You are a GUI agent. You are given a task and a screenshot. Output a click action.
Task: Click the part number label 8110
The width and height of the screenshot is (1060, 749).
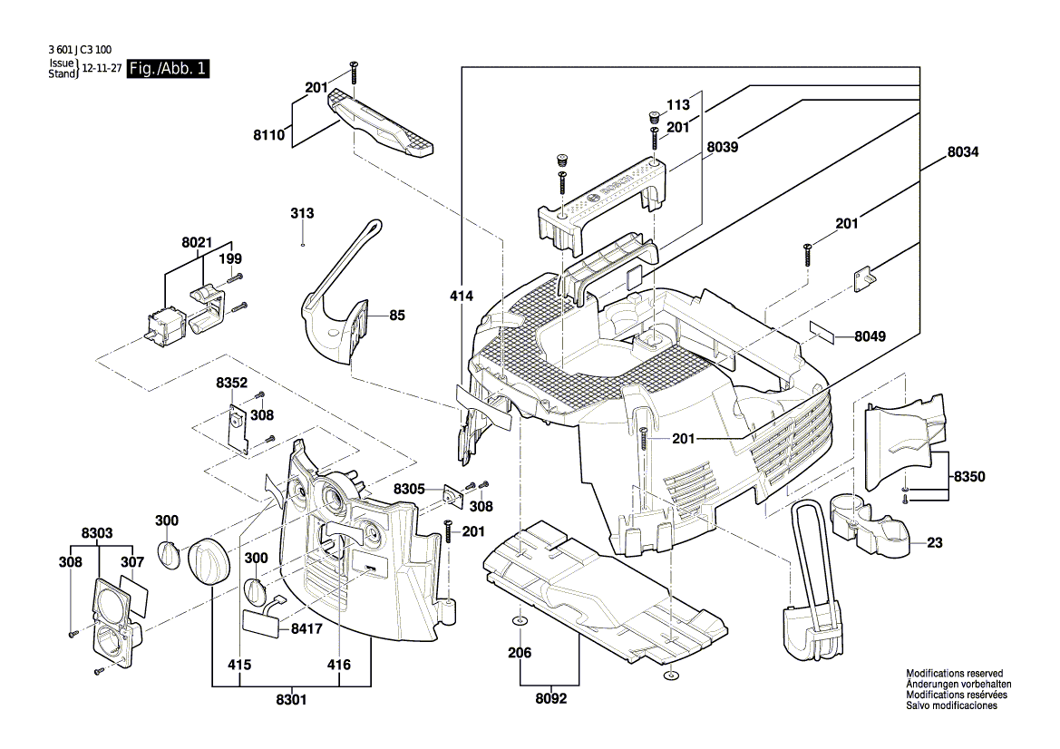click(x=269, y=134)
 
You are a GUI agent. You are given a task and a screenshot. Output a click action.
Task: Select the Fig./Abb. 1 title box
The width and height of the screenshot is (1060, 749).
click(x=168, y=69)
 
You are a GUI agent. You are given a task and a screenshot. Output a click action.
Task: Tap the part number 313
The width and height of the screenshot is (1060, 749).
click(x=302, y=213)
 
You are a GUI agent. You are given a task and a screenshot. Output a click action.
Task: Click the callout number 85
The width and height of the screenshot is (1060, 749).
click(x=397, y=316)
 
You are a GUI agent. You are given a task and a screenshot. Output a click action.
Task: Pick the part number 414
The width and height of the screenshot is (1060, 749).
click(x=462, y=295)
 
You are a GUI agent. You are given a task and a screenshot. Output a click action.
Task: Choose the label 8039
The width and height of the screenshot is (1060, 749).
click(x=723, y=146)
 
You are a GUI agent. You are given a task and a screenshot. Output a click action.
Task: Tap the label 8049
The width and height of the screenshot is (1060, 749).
click(x=870, y=336)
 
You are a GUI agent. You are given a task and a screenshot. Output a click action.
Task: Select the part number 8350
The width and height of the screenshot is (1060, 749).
click(x=969, y=476)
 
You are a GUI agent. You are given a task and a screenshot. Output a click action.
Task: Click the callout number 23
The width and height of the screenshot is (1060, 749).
click(x=935, y=543)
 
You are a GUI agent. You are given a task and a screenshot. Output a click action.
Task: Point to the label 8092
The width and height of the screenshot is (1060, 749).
click(x=549, y=699)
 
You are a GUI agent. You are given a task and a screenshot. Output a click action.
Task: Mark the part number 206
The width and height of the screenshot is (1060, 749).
click(x=520, y=652)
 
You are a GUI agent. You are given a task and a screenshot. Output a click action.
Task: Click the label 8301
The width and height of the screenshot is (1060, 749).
click(x=290, y=699)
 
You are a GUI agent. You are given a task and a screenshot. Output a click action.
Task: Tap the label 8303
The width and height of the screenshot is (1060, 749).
click(x=97, y=533)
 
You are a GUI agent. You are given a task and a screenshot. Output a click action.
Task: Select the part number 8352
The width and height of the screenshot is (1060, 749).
click(x=231, y=384)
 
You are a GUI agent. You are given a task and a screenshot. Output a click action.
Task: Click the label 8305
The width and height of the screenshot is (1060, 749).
click(x=409, y=489)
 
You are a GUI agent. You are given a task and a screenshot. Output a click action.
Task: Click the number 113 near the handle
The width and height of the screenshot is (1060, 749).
click(x=679, y=103)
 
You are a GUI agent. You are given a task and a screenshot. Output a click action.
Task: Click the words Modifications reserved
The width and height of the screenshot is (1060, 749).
click(x=954, y=674)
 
